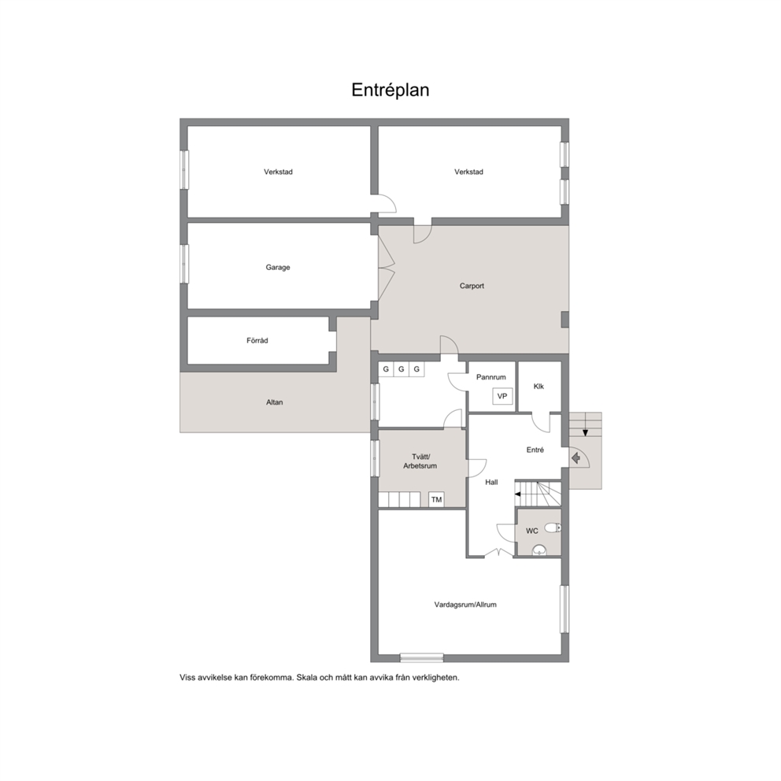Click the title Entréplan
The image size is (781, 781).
coord(390,91)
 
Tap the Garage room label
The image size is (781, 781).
coord(277,268)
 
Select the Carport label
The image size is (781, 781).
coord(472,286)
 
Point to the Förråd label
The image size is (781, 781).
coord(257,341)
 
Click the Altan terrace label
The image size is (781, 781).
coord(275,402)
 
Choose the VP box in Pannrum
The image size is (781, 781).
coord(502,397)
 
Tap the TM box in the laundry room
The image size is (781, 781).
coord(436,500)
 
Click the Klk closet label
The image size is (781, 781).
coord(539,387)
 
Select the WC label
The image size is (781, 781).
coord(532,531)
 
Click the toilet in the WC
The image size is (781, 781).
coord(552,527)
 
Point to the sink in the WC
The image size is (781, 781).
coord(539,550)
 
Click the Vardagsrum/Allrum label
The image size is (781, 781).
coord(465,605)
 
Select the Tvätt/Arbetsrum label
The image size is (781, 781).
coord(420,461)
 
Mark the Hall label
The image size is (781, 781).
coord(491,482)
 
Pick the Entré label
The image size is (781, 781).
coord(535,450)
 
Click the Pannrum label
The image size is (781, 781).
coord(490,377)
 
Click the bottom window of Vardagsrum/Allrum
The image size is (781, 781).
coord(421,658)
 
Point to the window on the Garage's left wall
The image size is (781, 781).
coord(184,264)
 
